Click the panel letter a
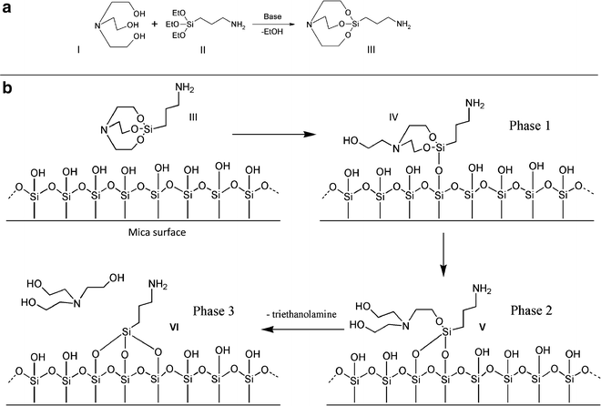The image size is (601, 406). point(8,8)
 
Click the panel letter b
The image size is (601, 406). point(9,91)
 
